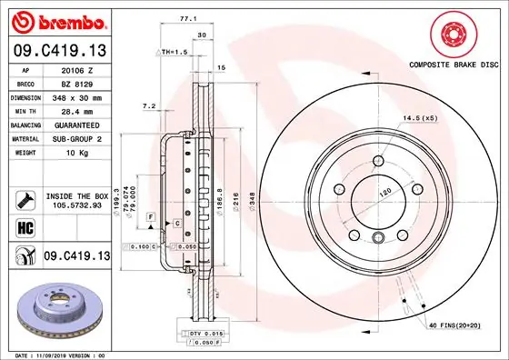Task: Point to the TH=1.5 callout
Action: pyautogui.click(x=174, y=53)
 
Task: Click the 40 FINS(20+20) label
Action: pyautogui.click(x=454, y=325)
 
